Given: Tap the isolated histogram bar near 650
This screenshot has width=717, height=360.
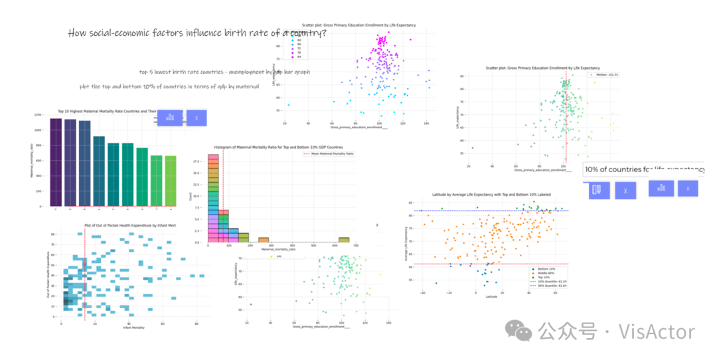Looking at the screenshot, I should coord(343,240).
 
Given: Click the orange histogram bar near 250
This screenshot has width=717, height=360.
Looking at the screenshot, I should coord(264,240).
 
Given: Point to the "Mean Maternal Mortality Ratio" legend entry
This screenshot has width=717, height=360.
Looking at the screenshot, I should coord(331,153).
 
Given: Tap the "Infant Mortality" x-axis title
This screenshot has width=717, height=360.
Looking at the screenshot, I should coord(133,327).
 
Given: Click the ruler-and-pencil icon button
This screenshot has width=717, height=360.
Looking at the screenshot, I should coord(598,190).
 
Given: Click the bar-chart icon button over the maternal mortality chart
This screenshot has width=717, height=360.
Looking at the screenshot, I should coord(170,118).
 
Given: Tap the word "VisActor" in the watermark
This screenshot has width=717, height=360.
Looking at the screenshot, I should coord(656,331).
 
